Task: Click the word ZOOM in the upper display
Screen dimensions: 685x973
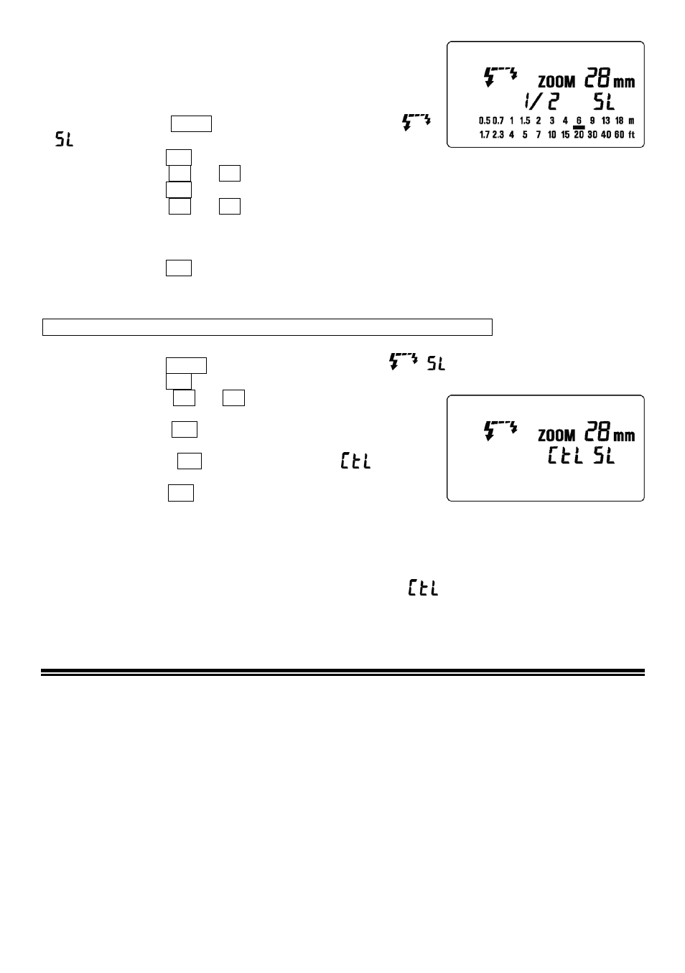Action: coord(556,82)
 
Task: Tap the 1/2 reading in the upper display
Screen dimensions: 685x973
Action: coord(541,102)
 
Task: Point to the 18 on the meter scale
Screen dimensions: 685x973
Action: coord(620,121)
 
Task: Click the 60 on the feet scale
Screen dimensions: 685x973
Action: coord(620,135)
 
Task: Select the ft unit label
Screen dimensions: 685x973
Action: coord(632,135)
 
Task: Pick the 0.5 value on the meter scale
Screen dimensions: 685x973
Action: coord(485,121)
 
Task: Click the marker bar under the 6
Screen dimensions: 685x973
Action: coord(579,127)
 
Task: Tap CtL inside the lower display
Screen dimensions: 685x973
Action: coord(565,456)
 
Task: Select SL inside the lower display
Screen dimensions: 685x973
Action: coord(604,456)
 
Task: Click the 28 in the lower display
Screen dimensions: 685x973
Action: coord(597,431)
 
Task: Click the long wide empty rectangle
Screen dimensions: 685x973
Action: coord(267,327)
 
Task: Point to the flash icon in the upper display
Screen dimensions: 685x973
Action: coord(500,77)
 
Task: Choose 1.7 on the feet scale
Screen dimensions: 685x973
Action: coord(485,135)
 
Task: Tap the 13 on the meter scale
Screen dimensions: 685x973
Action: coord(606,121)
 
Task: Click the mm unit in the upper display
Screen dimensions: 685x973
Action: coord(624,82)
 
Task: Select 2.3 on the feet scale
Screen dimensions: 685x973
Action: coord(498,135)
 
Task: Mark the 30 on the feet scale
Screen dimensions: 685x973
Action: coord(592,135)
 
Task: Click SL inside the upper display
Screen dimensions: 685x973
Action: coord(604,102)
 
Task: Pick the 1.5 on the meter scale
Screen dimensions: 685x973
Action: coord(525,121)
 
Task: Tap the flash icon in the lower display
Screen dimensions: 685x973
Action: coord(500,431)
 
